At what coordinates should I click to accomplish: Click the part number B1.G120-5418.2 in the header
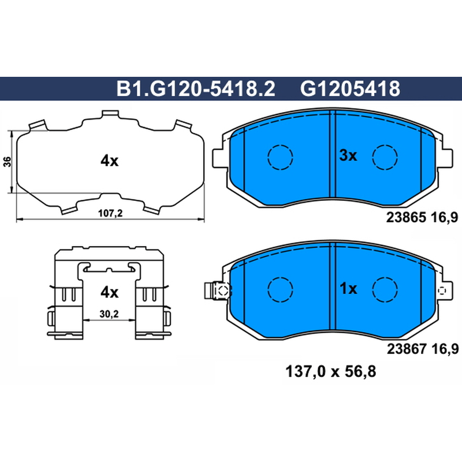coord(196,89)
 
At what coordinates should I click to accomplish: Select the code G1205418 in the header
coord(350,89)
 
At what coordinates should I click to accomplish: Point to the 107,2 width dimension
coord(110,213)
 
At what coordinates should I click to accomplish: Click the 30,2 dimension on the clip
coord(109,314)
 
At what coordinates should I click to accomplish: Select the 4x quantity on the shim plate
coord(109,161)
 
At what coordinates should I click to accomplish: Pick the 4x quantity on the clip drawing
coord(109,293)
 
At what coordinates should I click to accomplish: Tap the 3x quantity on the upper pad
coord(348,155)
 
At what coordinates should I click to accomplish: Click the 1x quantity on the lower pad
coord(348,289)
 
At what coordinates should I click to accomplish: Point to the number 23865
coord(406,218)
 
